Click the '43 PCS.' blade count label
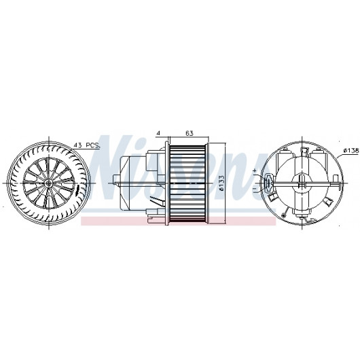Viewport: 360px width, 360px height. coord(87,145)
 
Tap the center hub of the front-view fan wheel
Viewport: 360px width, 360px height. coord(49,183)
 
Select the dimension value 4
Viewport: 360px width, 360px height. coord(158,133)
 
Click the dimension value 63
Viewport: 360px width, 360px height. coord(190,133)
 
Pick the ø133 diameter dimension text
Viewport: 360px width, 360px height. coord(221,183)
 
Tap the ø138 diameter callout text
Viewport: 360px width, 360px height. coord(351,150)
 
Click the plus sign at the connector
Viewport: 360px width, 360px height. coord(255,170)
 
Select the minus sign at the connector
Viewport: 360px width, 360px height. coord(255,189)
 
